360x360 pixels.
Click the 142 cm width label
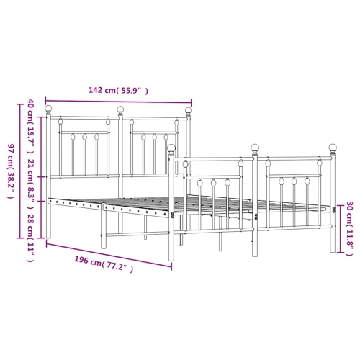[118, 91]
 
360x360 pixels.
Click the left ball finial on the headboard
[49, 109]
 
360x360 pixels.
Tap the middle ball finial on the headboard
[121, 110]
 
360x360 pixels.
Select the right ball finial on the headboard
[189, 111]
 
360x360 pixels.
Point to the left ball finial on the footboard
[171, 148]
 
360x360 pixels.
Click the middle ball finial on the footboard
[255, 148]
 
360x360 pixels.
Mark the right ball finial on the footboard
[333, 148]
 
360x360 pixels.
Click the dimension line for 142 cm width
[118, 102]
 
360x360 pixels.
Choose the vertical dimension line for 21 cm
[41, 188]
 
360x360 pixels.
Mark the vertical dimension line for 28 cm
[41, 219]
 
